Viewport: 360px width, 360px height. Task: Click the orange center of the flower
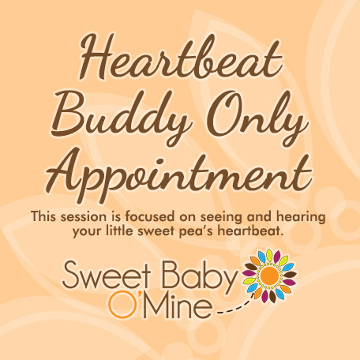tap(270, 276)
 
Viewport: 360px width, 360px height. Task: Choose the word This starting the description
tap(43, 217)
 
